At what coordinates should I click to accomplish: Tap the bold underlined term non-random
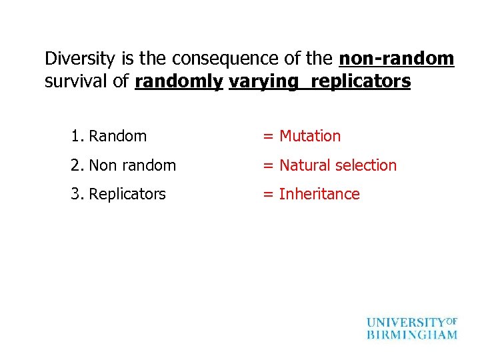coord(397,59)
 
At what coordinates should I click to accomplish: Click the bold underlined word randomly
coord(179,82)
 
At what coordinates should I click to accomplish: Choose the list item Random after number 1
coord(117,137)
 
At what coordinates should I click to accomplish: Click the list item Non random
coord(132,165)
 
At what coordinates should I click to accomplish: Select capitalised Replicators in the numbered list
coord(127,195)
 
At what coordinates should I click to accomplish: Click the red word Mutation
coord(310,137)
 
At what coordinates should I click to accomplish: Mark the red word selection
coord(366,165)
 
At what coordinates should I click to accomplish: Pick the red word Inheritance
coord(319,194)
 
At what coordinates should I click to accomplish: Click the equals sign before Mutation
coord(268,137)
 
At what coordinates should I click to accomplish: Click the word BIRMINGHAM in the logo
coord(412,335)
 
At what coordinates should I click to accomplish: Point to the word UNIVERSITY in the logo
coord(405,323)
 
